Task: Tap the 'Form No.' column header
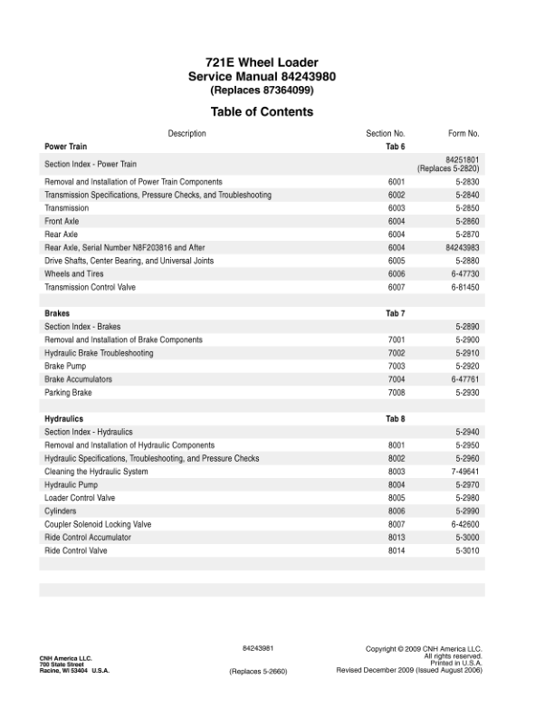pos(463,134)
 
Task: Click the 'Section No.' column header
pos(386,134)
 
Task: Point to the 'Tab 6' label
pos(396,146)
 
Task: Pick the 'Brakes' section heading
pos(58,313)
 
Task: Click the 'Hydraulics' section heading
pos(64,419)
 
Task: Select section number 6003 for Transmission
pos(396,208)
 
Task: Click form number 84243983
pos(462,247)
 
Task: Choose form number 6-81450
pos(465,287)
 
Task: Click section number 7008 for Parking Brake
pos(396,393)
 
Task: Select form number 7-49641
pos(465,472)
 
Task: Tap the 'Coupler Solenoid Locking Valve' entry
pos(99,524)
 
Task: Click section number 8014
pos(396,550)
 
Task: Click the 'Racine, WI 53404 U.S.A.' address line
pos(74,670)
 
